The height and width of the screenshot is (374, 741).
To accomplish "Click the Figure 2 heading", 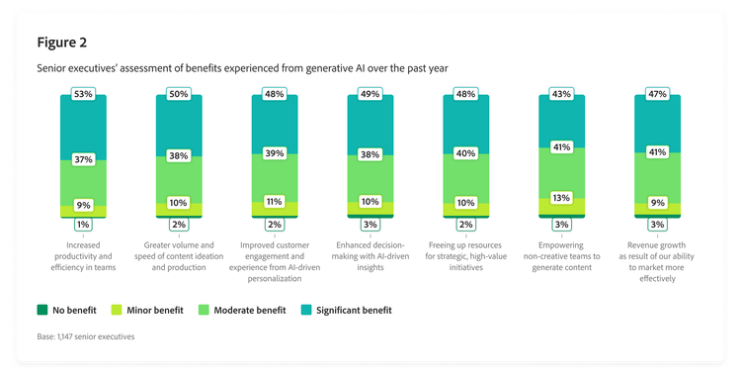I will (x=63, y=42).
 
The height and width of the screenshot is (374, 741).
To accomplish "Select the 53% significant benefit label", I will (x=84, y=95).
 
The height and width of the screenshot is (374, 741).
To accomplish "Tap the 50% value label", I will (x=179, y=95).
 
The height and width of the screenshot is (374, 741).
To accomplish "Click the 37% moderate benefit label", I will (x=84, y=158).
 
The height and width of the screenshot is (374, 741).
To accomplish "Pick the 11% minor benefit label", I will (x=275, y=201).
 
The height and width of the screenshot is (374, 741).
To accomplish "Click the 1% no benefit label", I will (x=84, y=225).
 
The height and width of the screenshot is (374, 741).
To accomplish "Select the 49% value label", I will (x=370, y=95).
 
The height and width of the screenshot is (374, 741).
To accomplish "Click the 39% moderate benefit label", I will (x=275, y=153).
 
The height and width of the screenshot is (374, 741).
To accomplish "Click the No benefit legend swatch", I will (x=41, y=310).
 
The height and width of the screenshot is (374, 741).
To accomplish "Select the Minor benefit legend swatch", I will (x=118, y=310).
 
